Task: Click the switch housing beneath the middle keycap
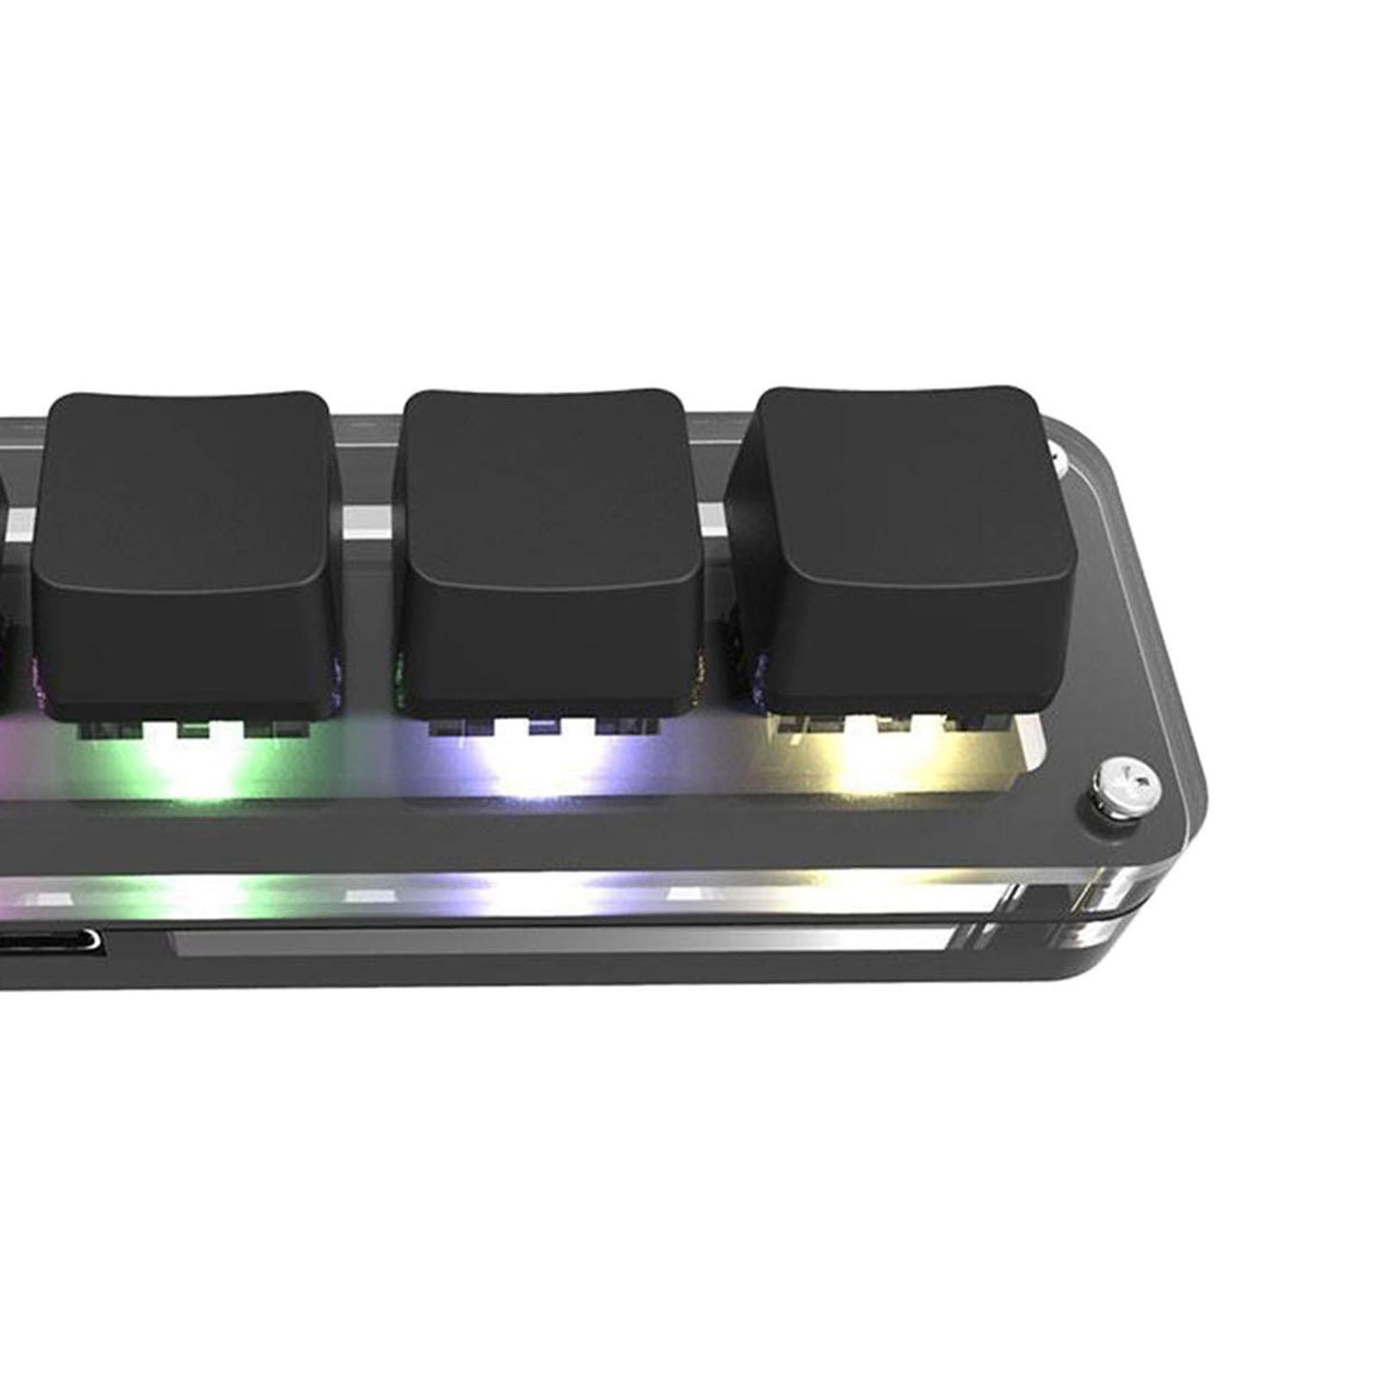click(544, 727)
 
